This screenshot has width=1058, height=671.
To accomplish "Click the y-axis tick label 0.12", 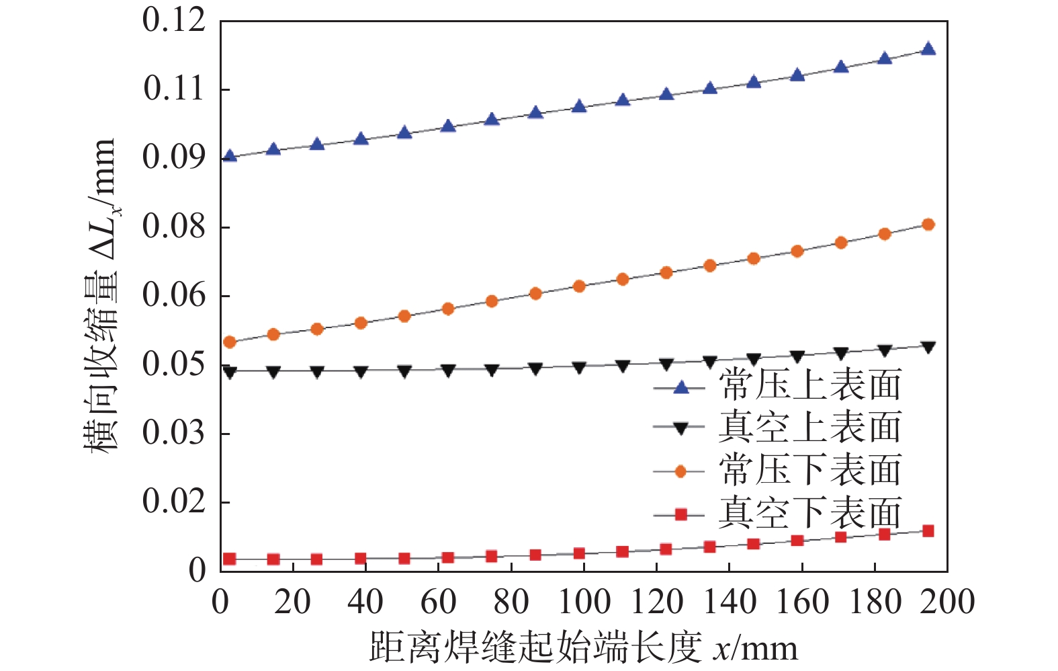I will coord(174,21).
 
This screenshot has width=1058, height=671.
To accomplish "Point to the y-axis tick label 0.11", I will coord(174,89).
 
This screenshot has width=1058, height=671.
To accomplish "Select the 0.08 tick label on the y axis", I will coord(174,227).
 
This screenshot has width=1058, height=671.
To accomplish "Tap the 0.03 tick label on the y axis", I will coord(174,433).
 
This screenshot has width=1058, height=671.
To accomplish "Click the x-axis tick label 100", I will coord(584,602).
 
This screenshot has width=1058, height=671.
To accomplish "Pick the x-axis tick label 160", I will coord(802,602).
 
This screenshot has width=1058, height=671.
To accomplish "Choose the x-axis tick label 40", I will coord(365,602).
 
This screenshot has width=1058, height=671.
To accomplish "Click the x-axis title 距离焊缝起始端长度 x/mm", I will coord(583,647).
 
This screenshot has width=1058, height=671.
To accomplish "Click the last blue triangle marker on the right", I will coord(928,49).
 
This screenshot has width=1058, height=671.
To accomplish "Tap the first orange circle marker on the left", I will coord(230,342).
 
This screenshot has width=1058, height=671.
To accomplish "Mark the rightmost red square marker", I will coord(928,531).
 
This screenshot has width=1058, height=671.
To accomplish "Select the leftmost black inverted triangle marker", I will coord(230,372).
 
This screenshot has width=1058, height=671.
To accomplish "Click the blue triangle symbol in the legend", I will coord(680,387).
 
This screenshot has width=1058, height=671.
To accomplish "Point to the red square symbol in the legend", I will coord(680,514).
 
